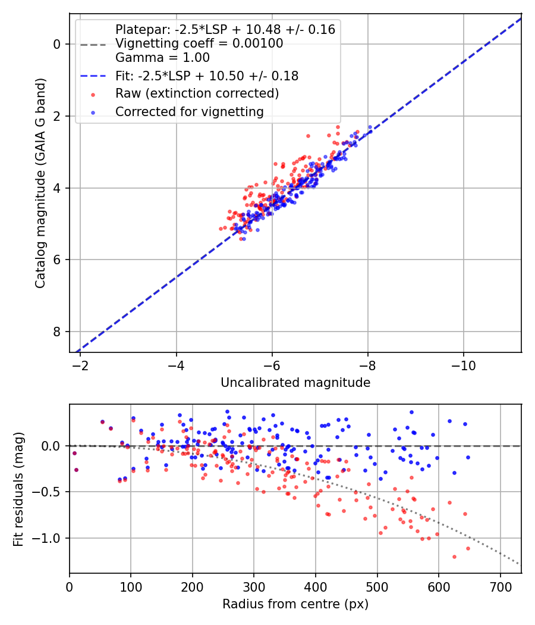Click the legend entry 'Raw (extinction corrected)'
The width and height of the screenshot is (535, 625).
click(x=197, y=93)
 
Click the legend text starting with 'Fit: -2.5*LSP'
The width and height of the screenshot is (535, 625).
click(x=207, y=76)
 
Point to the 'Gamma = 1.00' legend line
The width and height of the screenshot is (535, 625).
click(x=162, y=58)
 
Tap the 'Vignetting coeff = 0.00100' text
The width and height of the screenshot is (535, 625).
click(x=199, y=43)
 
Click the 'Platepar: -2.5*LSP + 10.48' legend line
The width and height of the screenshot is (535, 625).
click(x=225, y=29)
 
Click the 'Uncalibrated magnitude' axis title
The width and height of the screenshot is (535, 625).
click(x=295, y=383)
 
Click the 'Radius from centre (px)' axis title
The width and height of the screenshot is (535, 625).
click(x=295, y=604)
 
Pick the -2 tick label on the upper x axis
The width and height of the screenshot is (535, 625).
click(x=80, y=365)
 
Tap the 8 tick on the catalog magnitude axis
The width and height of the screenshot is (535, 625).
click(x=57, y=332)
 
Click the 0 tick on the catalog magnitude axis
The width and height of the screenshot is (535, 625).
click(x=57, y=44)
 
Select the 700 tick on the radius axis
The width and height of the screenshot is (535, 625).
click(x=500, y=586)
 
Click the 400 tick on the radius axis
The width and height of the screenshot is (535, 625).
click(x=316, y=586)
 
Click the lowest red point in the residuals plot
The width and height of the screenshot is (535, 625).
click(x=454, y=557)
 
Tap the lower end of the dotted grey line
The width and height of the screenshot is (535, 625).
click(x=520, y=564)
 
